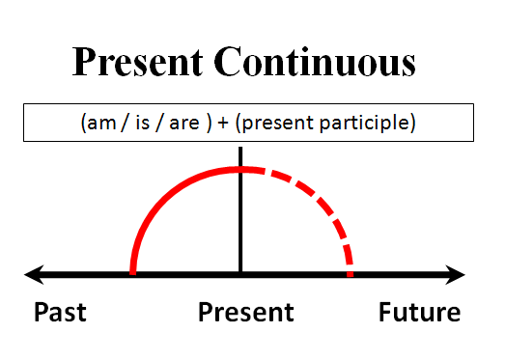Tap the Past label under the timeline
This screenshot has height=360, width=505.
(x=60, y=313)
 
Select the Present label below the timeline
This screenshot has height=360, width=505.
(x=245, y=313)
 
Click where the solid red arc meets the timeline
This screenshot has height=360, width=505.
(x=133, y=274)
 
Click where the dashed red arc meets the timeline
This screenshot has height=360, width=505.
(x=350, y=274)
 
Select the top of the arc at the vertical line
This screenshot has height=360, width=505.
(x=240, y=170)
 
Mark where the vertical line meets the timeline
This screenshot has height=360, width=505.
(x=240, y=275)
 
